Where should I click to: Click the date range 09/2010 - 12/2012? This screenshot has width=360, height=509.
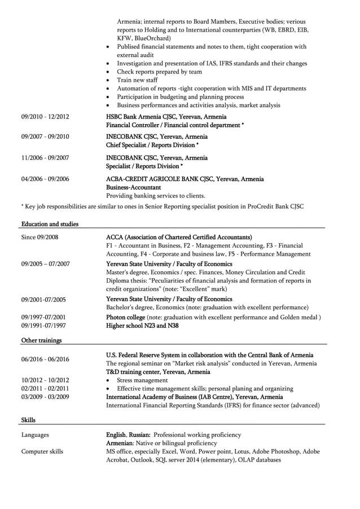(45, 117)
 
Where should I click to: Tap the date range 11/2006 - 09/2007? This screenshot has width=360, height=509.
(45, 158)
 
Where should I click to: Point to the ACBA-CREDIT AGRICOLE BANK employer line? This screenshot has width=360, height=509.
(185, 179)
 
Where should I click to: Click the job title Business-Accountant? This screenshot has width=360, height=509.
(134, 187)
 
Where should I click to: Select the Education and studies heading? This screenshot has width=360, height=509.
(50, 224)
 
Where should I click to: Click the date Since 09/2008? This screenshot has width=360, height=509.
(39, 237)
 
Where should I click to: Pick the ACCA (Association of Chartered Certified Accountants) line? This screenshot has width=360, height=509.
(179, 237)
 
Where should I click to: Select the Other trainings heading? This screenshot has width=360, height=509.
(41, 340)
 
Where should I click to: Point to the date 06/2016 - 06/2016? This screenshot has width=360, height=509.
(45, 359)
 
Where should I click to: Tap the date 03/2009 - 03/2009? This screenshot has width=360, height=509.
(45, 397)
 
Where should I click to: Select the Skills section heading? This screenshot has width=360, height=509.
(28, 420)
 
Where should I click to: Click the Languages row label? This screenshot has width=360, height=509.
(35, 435)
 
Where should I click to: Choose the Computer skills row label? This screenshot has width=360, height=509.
(42, 451)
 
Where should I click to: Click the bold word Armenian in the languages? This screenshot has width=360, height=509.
(121, 443)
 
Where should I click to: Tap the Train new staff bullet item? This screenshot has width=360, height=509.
(137, 80)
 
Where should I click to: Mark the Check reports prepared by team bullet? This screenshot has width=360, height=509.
(159, 72)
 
